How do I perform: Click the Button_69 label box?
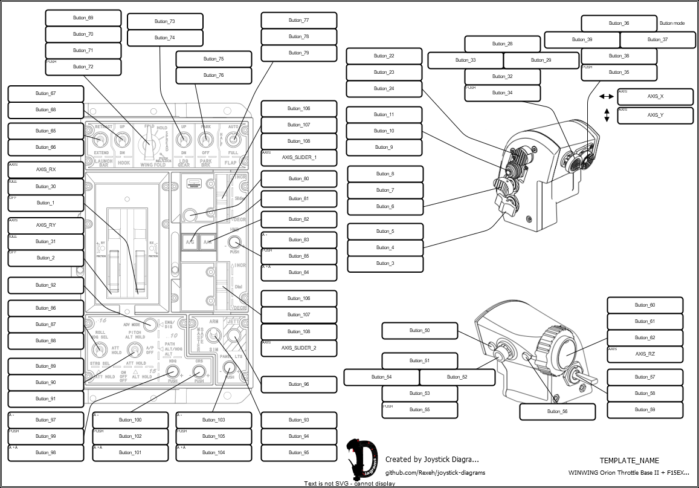[83, 18]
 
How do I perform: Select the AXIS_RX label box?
[45, 170]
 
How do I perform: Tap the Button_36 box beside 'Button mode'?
[619, 24]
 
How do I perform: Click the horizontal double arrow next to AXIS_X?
[606, 97]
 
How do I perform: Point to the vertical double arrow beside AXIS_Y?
[606, 115]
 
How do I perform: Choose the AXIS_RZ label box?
[645, 354]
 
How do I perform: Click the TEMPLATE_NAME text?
[629, 461]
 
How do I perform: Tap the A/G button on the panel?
[190, 242]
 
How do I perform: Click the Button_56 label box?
[557, 411]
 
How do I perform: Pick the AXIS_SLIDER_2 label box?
[298, 348]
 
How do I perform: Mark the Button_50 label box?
[419, 331]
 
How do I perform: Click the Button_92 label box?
[45, 285]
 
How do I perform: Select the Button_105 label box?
[213, 436]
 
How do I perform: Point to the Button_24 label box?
[384, 89]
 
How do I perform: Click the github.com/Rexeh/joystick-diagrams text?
[435, 473]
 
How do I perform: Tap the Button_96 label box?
[298, 384]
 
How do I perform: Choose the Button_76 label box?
[213, 76]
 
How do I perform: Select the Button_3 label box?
[385, 264]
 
